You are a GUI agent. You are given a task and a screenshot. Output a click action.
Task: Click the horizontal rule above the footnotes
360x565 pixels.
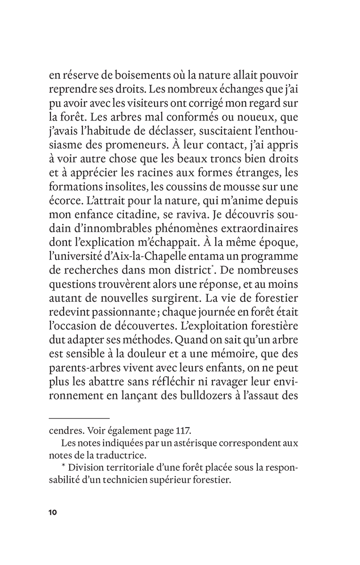pyautogui.click(x=79, y=417)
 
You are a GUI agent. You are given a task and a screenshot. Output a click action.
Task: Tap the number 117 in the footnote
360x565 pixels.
pyautogui.click(x=184, y=431)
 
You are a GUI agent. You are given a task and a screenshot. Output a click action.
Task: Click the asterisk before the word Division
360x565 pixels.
pyautogui.click(x=64, y=468)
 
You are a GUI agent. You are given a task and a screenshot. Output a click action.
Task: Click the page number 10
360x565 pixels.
pyautogui.click(x=52, y=512)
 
